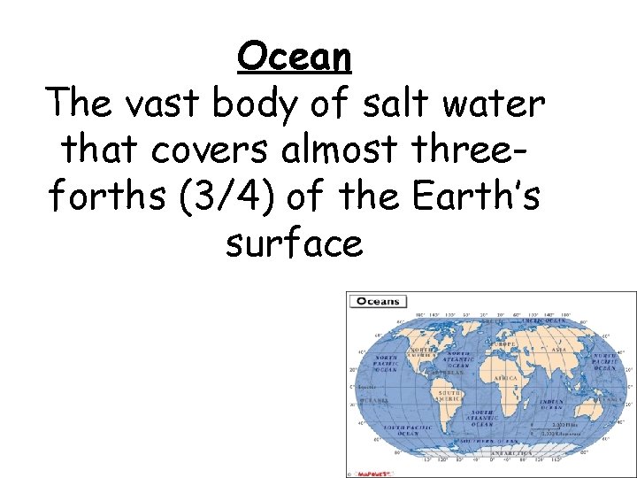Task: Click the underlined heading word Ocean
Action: tap(295, 58)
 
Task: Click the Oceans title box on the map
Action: tap(378, 302)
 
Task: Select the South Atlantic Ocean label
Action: tap(482, 418)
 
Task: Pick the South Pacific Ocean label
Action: tap(401, 430)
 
